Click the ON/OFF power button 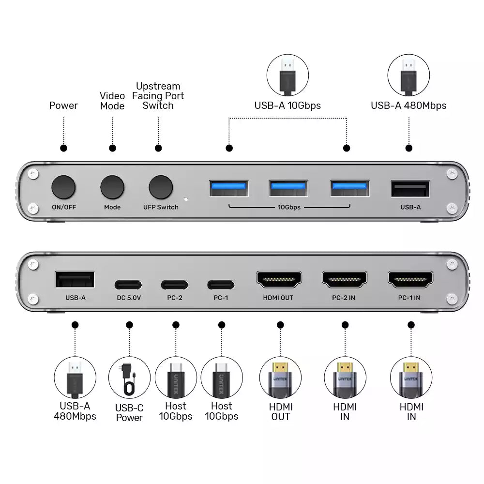pos(64,187)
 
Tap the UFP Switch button pos(161,187)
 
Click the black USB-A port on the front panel pos(410,189)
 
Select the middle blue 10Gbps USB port pos(288,188)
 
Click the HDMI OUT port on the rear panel pos(278,280)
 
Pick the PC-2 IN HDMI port pos(344,280)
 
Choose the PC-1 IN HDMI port pos(410,280)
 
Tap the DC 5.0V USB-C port pos(128,285)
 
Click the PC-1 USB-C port pos(221,285)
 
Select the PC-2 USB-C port pos(175,285)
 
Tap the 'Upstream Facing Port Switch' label pos(158,96)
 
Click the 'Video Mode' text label pos(112,101)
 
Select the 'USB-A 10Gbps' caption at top pos(287,106)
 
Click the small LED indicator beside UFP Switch pos(186,198)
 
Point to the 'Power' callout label pos(63,106)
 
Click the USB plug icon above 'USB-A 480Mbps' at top pos(408,75)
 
